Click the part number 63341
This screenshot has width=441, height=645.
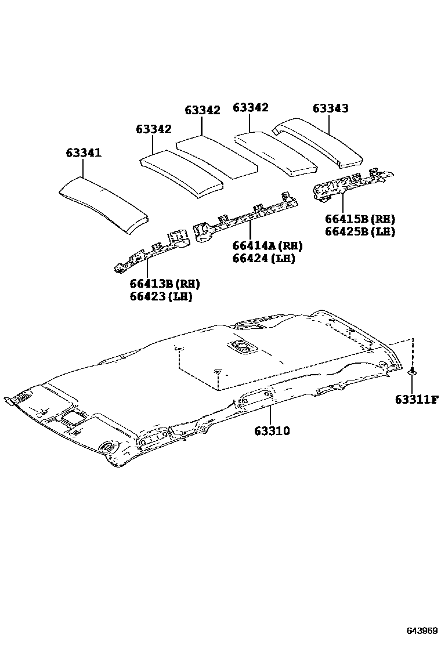pos(83,153)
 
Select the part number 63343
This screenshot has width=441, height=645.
pos(330,108)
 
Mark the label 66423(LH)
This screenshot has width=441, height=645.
pos(161,296)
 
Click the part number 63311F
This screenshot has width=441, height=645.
pos(417,399)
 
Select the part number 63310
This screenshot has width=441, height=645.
pos(271,431)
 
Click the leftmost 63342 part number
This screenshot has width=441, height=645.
pos(154,129)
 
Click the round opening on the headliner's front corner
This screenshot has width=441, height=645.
pos(107,447)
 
